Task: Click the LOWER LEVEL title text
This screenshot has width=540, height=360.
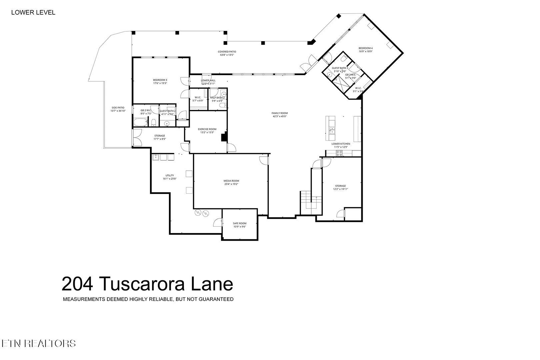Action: pyautogui.click(x=33, y=13)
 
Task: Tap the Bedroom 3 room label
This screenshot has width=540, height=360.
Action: pyautogui.click(x=160, y=80)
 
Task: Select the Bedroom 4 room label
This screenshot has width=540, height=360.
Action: pyautogui.click(x=366, y=48)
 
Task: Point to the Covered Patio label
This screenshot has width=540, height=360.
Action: pyautogui.click(x=227, y=52)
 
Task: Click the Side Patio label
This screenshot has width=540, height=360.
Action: pyautogui.click(x=118, y=108)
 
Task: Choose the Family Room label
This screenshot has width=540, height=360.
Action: pyautogui.click(x=280, y=113)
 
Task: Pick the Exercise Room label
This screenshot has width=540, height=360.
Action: pyautogui.click(x=207, y=129)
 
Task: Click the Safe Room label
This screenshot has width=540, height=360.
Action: pyautogui.click(x=240, y=223)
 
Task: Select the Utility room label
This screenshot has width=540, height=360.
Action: pyautogui.click(x=170, y=176)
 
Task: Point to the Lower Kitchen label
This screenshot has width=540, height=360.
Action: pyautogui.click(x=341, y=144)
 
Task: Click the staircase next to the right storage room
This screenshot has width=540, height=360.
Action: pyautogui.click(x=311, y=202)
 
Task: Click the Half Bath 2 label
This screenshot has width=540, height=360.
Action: pyautogui.click(x=217, y=98)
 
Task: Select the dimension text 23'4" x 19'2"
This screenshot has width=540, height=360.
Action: pyautogui.click(x=231, y=184)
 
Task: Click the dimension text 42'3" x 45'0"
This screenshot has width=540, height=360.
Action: pyautogui.click(x=280, y=116)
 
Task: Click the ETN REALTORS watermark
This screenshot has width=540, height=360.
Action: pyautogui.click(x=38, y=343)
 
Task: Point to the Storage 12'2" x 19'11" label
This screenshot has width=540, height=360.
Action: pyautogui.click(x=340, y=186)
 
